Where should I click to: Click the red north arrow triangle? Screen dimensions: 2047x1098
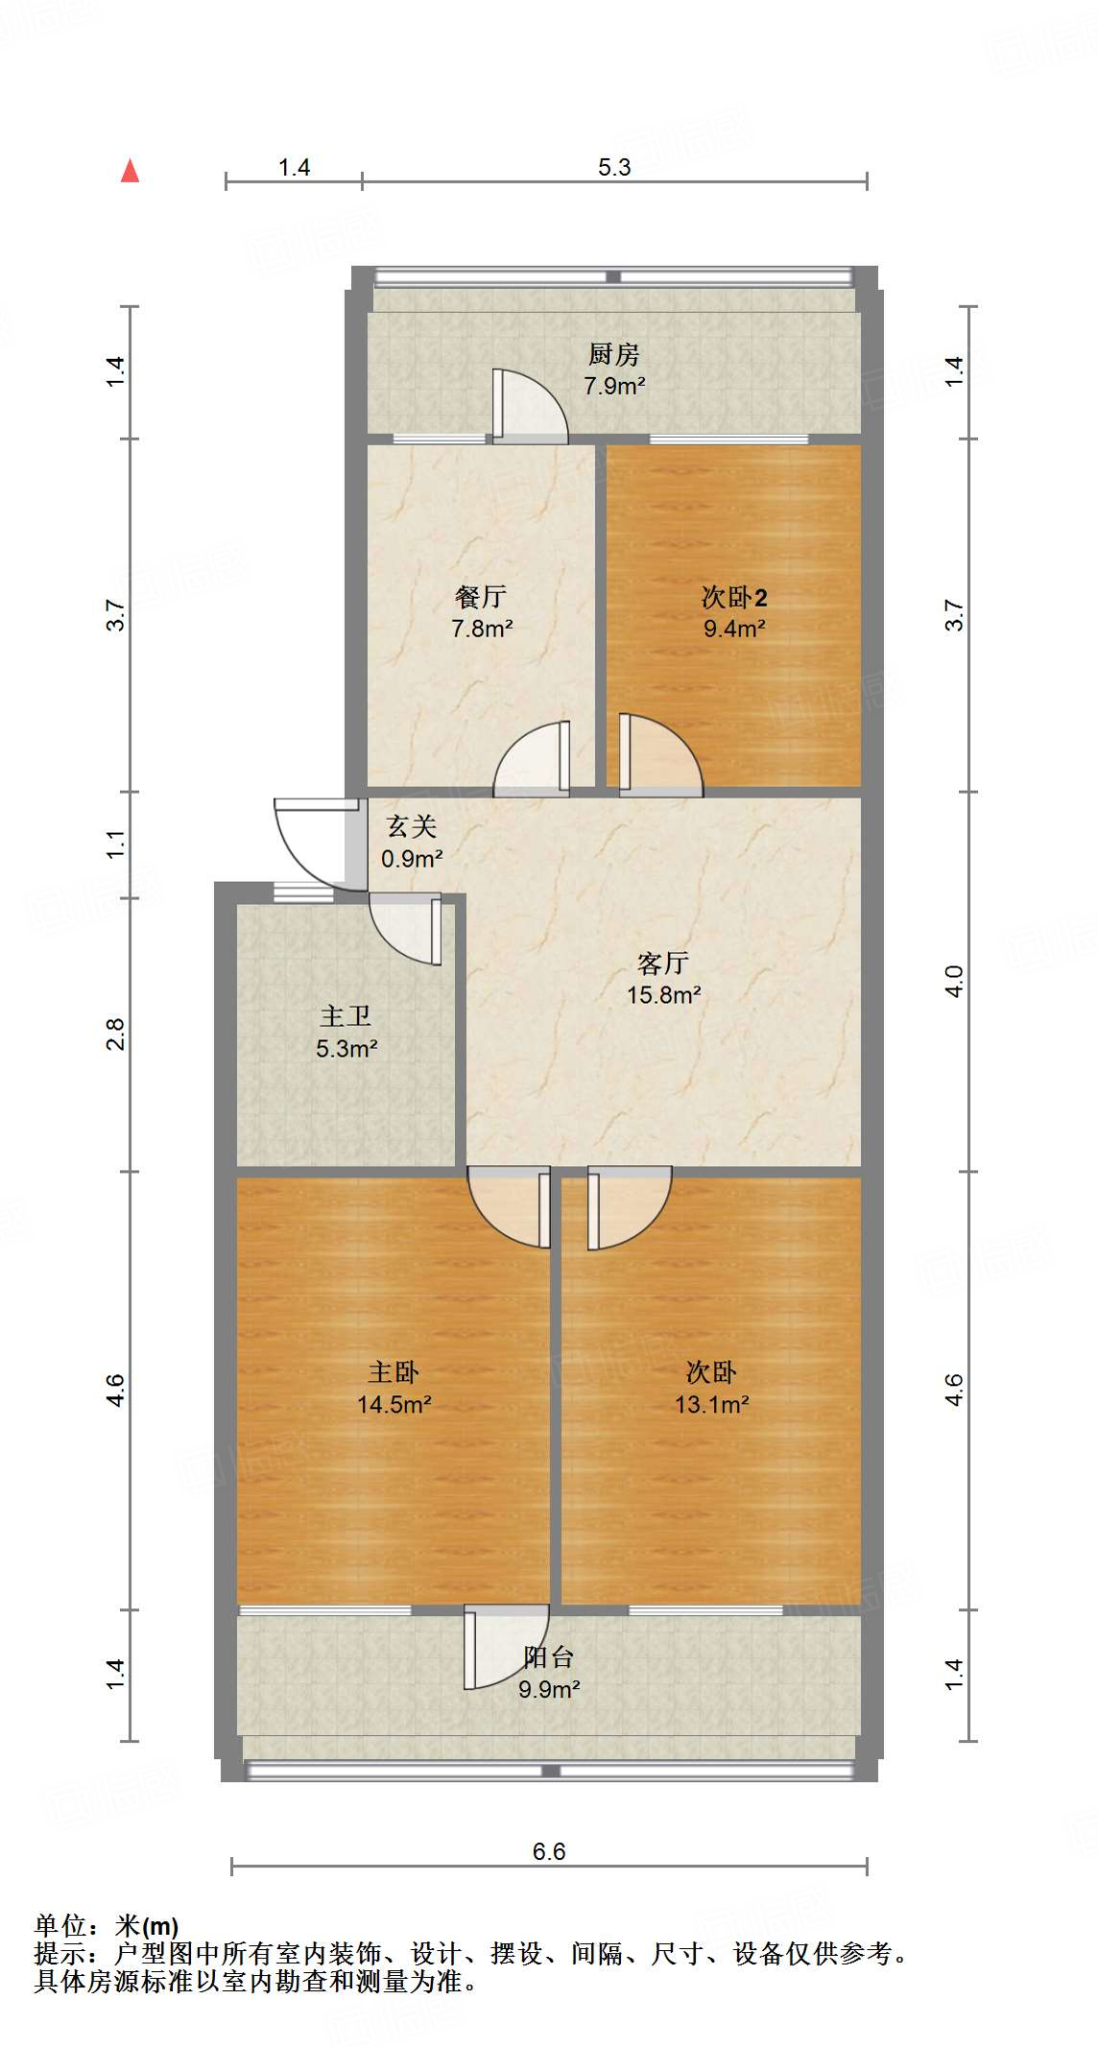click(130, 172)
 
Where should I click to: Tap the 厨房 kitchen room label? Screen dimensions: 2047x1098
click(613, 355)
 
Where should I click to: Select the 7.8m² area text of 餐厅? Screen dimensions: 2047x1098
click(482, 629)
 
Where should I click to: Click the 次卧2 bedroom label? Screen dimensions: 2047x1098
click(734, 598)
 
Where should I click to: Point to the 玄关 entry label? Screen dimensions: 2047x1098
click(412, 827)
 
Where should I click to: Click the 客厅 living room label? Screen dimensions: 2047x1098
click(663, 964)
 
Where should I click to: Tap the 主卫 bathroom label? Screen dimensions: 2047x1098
click(346, 1017)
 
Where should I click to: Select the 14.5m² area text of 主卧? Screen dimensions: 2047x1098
click(394, 1404)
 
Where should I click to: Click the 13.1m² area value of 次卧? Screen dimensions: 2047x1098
click(712, 1404)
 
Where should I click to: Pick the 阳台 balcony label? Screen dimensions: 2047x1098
click(548, 1657)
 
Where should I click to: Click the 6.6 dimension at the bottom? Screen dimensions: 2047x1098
click(549, 1852)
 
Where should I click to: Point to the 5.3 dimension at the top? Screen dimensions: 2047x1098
click(614, 168)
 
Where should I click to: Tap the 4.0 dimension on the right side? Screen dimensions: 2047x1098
click(955, 981)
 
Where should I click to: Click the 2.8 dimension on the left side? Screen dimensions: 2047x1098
click(116, 1033)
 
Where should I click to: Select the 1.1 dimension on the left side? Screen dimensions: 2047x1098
click(116, 845)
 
